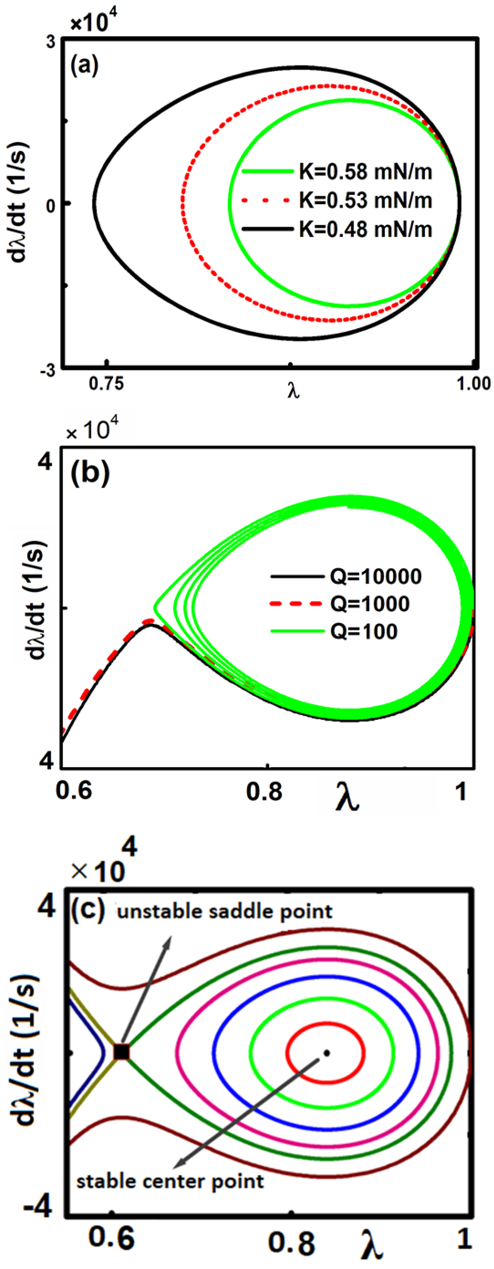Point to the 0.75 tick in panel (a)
(107, 384)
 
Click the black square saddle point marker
(122, 1052)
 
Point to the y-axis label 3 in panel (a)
(51, 43)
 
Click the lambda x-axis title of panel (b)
(348, 800)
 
